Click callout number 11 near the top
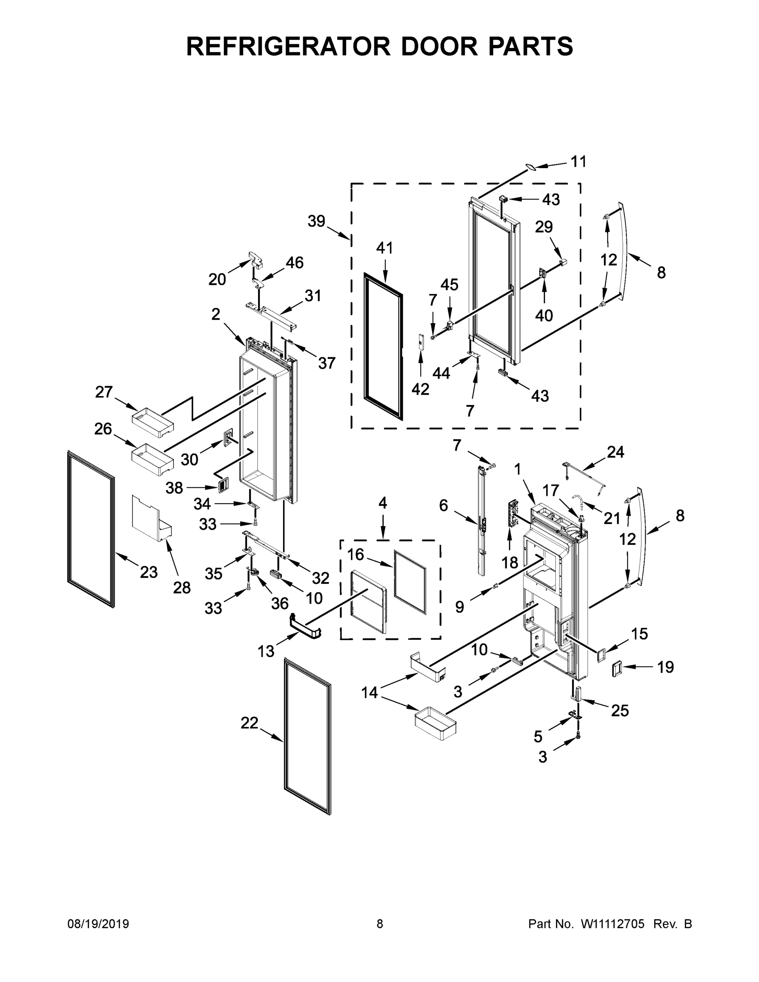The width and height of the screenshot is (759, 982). point(578,162)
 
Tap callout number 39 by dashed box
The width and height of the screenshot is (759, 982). point(316,221)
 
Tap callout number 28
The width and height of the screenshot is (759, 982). point(182,587)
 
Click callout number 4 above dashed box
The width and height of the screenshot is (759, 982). point(382,503)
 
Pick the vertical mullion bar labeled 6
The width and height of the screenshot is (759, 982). point(482,522)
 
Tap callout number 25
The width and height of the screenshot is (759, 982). point(619,710)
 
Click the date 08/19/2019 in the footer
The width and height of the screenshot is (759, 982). point(98,924)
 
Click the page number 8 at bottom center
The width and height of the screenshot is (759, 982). point(380,924)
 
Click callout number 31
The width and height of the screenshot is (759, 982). point(313,295)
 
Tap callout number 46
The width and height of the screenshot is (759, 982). point(295,262)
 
